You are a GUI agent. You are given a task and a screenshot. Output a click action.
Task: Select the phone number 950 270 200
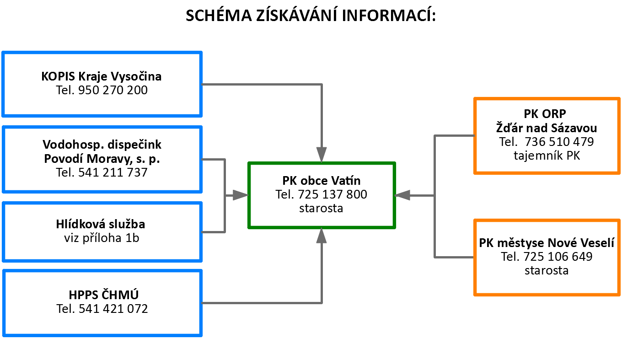pos(113,90)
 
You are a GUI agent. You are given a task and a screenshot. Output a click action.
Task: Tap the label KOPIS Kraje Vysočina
pos(102,76)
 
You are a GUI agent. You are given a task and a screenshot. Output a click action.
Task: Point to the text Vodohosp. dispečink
pos(102,145)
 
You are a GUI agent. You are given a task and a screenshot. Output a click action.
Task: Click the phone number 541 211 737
pos(113,172)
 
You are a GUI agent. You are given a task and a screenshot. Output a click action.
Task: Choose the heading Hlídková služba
pos(101,224)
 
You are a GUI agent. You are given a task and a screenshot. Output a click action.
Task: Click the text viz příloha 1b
pos(102,238)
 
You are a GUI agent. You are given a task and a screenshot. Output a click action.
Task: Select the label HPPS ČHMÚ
pos(103,295)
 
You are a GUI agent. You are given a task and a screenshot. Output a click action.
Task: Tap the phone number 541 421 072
pos(113,309)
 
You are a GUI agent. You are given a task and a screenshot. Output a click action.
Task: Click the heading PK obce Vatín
pos(321,181)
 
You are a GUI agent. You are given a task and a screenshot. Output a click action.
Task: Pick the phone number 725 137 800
pos(332,194)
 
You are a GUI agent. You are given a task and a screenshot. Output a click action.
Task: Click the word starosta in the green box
pos(321,208)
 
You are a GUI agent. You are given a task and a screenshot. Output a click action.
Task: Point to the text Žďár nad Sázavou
pos(547,128)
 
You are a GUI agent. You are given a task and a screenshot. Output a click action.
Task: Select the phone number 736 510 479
pos(559,142)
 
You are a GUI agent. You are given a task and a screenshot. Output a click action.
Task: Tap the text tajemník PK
pos(547,156)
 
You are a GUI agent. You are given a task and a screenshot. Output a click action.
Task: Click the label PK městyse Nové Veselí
pos(547,243)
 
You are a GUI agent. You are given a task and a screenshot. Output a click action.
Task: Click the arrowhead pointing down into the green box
pos(322,155)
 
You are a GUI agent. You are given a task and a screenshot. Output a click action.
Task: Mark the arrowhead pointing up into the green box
pos(322,236)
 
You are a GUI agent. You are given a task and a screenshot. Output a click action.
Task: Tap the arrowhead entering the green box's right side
pos(402,195)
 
